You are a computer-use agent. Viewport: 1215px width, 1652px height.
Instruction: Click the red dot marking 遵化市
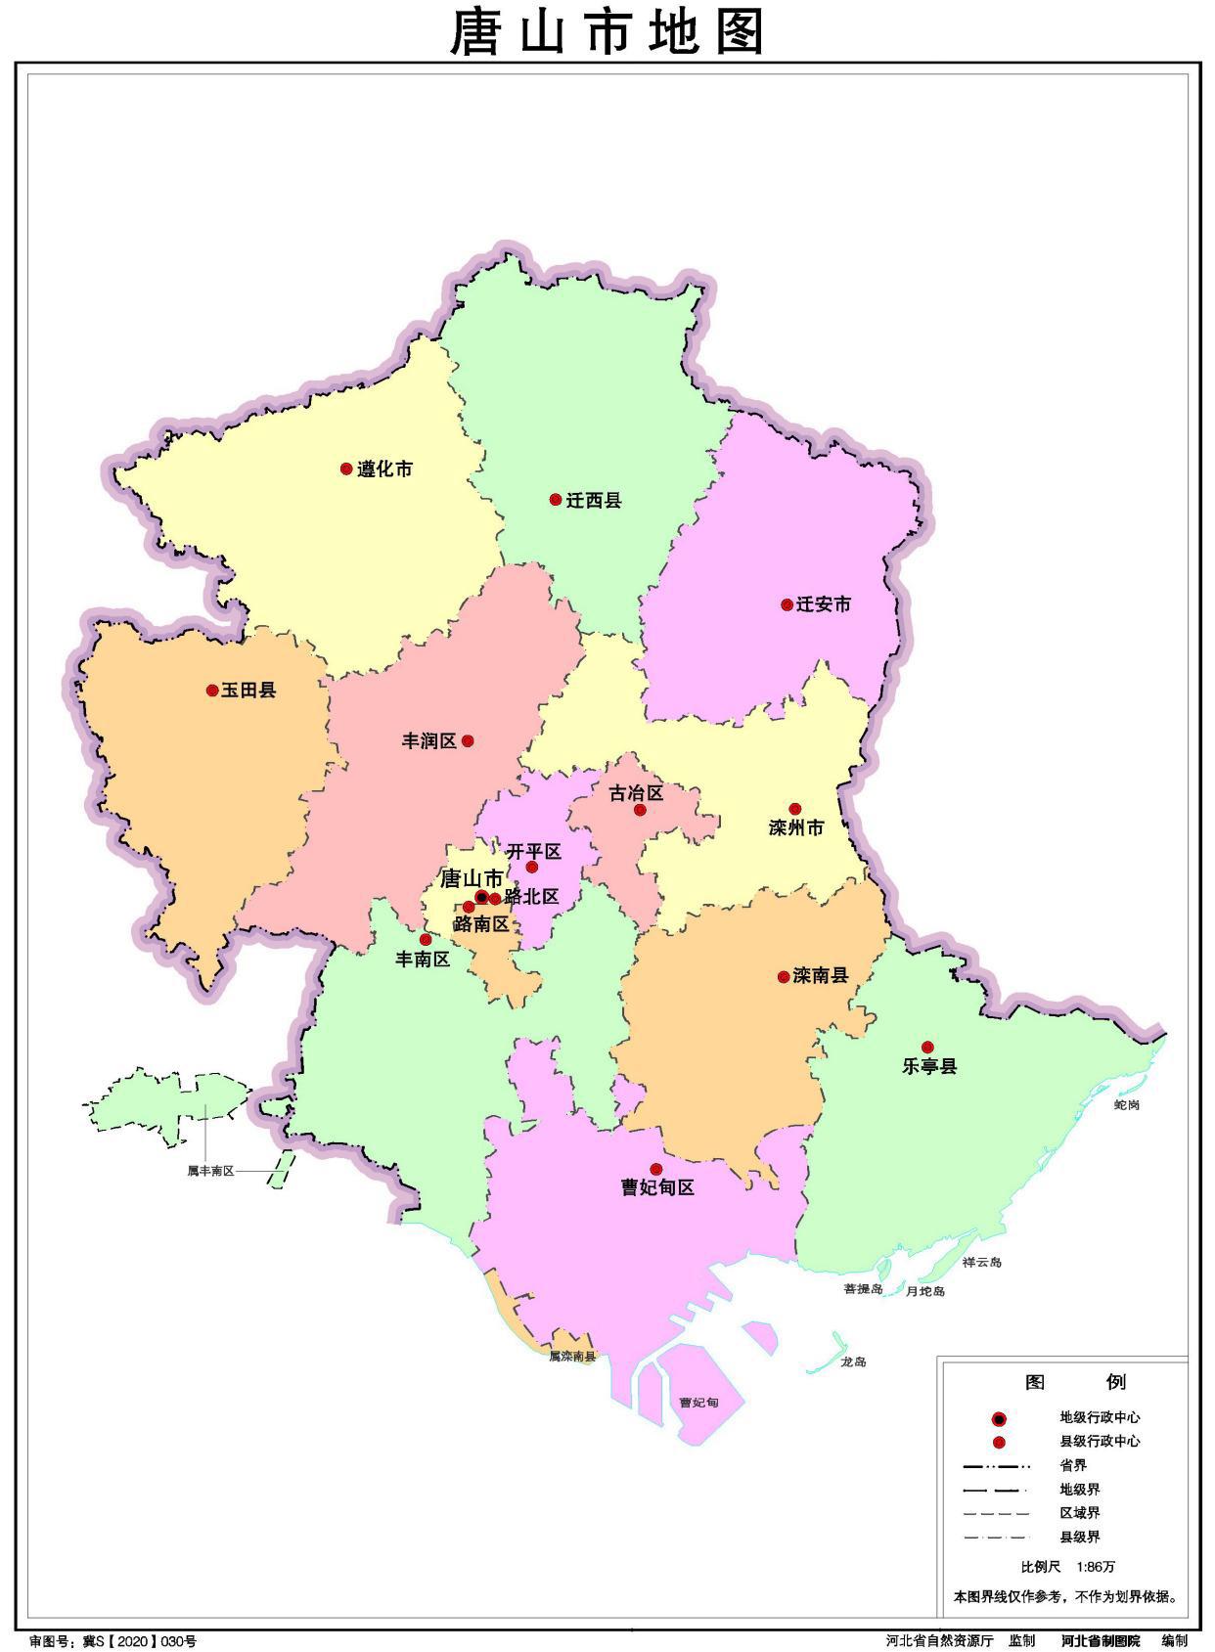tap(345, 469)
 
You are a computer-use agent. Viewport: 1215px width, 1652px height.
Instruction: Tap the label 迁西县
tap(593, 501)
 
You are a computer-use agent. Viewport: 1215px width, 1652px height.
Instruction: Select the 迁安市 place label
tap(823, 604)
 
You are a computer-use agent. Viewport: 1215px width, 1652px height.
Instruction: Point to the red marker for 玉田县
tap(212, 691)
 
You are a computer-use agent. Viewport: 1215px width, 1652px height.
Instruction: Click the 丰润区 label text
tap(428, 741)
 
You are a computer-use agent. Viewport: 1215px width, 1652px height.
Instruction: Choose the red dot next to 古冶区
tap(640, 810)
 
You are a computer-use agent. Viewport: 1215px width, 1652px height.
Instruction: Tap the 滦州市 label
tap(795, 828)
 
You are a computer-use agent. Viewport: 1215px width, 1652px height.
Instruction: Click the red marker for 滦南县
tap(784, 976)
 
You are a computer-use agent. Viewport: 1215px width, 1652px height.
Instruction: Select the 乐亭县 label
tap(928, 1066)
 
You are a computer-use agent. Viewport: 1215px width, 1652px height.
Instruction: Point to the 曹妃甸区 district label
tap(657, 1188)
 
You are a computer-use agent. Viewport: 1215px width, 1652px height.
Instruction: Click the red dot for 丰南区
tap(426, 939)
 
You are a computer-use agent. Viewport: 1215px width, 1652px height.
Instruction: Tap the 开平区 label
tap(533, 851)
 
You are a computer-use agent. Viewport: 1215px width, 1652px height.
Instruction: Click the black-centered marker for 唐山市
tap(481, 897)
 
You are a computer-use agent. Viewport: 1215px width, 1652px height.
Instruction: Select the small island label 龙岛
tap(853, 1362)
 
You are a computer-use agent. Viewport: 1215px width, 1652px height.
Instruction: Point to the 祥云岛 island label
tap(981, 1262)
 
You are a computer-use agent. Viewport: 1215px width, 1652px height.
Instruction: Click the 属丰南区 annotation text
tap(210, 1171)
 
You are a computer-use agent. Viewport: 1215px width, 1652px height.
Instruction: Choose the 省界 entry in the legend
tap(1073, 1465)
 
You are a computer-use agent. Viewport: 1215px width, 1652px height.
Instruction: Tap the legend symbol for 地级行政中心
tap(999, 1418)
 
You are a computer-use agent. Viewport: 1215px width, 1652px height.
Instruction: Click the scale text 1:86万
tap(1096, 1566)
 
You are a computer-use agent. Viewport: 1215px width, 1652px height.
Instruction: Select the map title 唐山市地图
tap(607, 32)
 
